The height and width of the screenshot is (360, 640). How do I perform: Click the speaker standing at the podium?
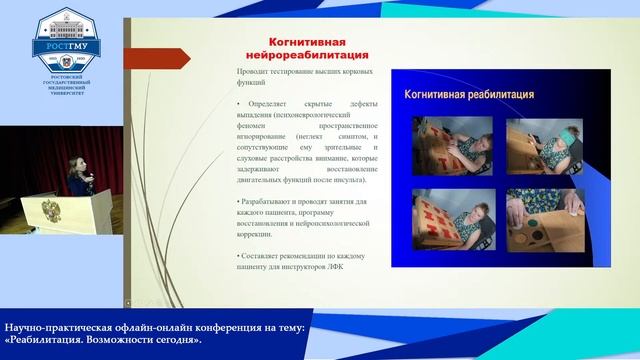coord(77,160)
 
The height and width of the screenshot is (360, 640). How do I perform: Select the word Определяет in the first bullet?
coord(266,105)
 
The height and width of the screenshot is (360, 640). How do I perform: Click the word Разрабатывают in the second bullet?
coord(272,201)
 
